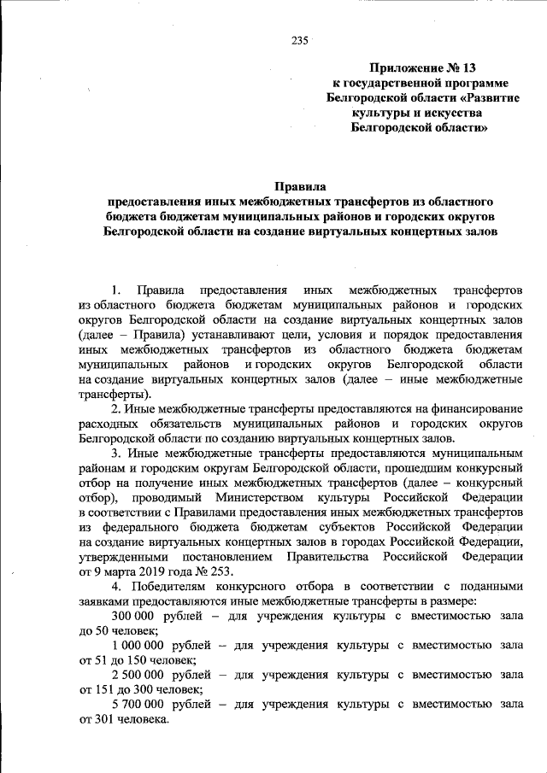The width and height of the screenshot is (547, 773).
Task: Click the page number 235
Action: pyautogui.click(x=299, y=40)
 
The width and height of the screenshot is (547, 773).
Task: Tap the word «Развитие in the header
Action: pyautogui.click(x=476, y=97)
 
